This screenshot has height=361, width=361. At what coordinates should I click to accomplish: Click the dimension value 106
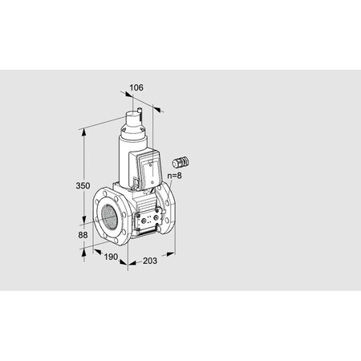point(136,88)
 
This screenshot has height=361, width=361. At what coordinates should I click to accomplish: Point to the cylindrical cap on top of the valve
point(132,124)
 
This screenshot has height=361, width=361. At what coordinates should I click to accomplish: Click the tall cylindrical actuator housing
point(128,160)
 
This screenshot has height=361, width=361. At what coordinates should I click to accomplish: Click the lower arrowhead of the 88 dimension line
point(85,249)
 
